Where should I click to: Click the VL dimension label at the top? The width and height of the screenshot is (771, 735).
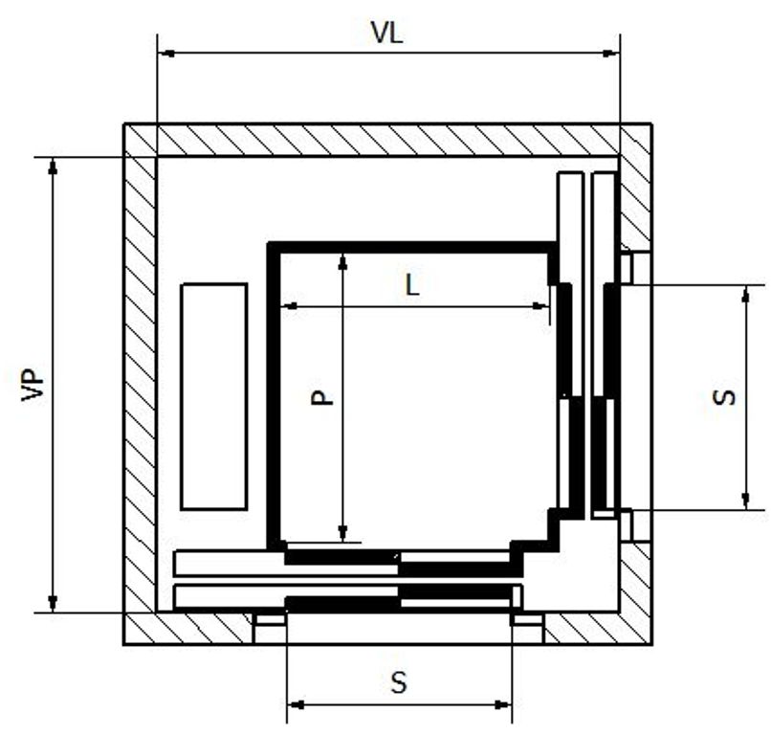coord(387,33)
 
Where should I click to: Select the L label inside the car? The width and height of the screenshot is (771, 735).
coord(411,284)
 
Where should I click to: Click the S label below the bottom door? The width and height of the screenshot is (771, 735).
coord(399,682)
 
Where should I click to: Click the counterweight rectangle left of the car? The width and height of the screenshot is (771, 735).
coord(214,396)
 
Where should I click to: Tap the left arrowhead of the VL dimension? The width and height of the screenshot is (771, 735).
coord(165,54)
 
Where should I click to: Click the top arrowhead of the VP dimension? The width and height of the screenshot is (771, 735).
coord(54,165)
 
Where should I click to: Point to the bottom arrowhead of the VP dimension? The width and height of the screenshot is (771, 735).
coord(54,604)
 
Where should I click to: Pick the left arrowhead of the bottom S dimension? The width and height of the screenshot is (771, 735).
coord(296,705)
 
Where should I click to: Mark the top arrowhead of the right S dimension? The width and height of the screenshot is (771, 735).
coord(747,292)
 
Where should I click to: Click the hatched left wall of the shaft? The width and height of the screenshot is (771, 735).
coord(140,383)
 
